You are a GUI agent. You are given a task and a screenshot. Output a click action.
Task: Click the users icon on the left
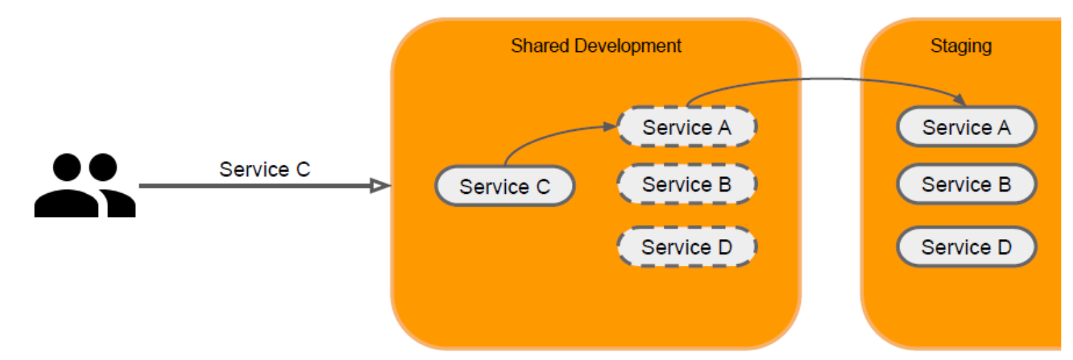(84, 186)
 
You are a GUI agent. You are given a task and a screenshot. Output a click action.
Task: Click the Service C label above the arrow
(265, 169)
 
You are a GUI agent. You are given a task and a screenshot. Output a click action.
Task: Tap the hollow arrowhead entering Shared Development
(381, 186)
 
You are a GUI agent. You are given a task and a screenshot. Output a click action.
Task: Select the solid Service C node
(504, 186)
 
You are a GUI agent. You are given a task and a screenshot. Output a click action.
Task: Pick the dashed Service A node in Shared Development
(687, 127)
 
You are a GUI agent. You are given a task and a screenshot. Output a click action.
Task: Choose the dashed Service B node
(687, 184)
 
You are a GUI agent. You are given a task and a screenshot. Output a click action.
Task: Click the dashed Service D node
(687, 247)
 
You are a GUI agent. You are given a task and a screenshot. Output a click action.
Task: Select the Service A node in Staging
(966, 127)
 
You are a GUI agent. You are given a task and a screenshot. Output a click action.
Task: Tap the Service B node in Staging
(966, 184)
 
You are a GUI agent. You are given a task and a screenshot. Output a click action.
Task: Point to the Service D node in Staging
(966, 247)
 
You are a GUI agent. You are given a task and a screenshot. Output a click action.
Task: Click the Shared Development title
(596, 46)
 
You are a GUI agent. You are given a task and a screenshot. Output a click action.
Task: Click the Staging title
(961, 46)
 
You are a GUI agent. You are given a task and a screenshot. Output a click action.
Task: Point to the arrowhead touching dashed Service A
(610, 126)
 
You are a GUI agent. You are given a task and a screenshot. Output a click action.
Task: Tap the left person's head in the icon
(67, 168)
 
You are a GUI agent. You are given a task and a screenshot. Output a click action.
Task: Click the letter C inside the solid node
(543, 187)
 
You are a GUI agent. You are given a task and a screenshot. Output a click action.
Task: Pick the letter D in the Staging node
(1004, 247)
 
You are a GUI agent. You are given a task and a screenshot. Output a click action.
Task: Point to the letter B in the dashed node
(725, 184)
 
